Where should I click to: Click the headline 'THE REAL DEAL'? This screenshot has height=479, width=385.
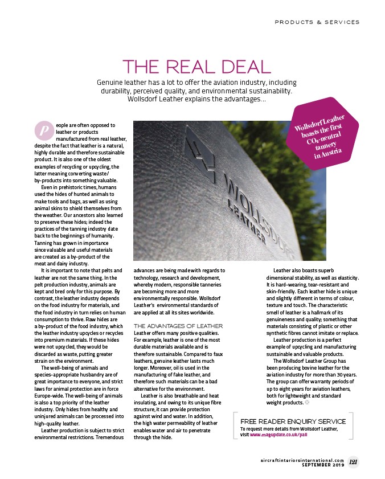point(196,67)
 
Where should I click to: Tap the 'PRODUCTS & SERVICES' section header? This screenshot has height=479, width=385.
point(317,22)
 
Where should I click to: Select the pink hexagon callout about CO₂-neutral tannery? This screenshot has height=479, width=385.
point(323,136)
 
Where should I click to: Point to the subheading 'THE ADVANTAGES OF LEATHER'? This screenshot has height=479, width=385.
point(177,325)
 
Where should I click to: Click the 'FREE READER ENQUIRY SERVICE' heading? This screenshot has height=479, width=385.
point(293,421)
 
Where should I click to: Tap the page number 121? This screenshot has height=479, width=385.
point(353,462)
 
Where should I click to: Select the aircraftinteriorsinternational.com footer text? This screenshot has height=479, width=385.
point(302,460)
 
